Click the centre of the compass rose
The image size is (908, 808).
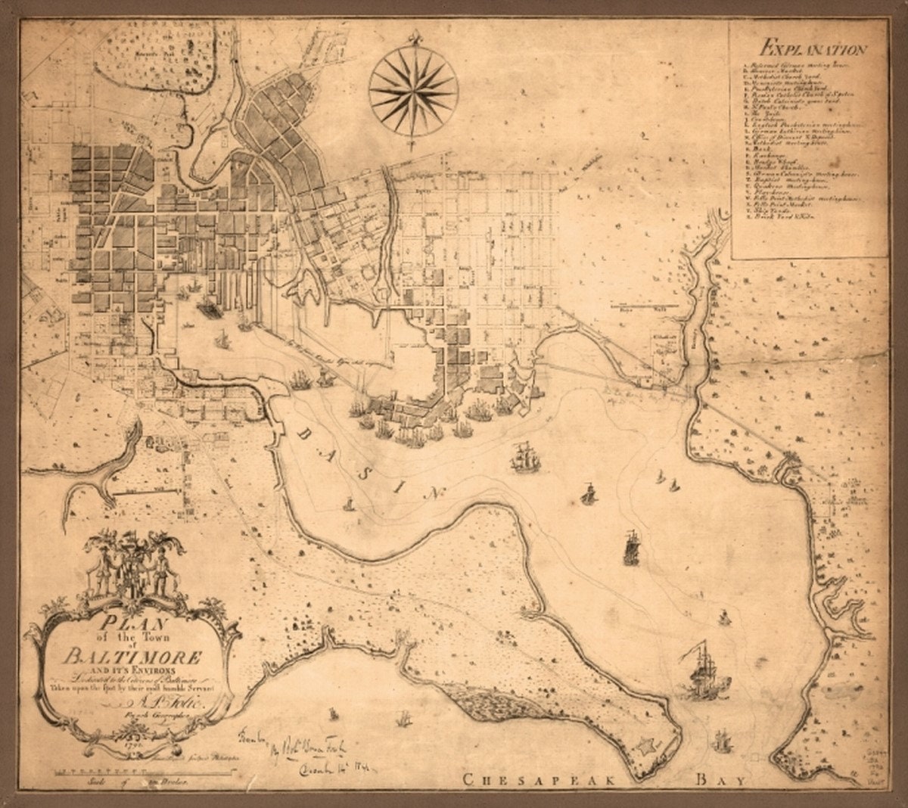pyautogui.click(x=411, y=92)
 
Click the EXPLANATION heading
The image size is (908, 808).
pyautogui.click(x=813, y=51)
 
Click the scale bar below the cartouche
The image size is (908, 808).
pyautogui.click(x=121, y=772)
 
